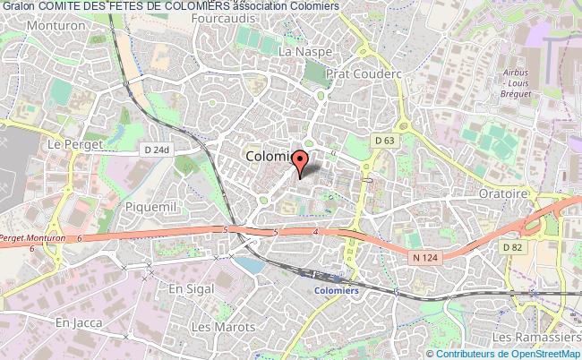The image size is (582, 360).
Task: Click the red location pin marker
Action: tap(302, 161)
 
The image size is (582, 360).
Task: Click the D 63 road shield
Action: tap(385, 141)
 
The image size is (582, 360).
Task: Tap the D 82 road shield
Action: tap(512, 246)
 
